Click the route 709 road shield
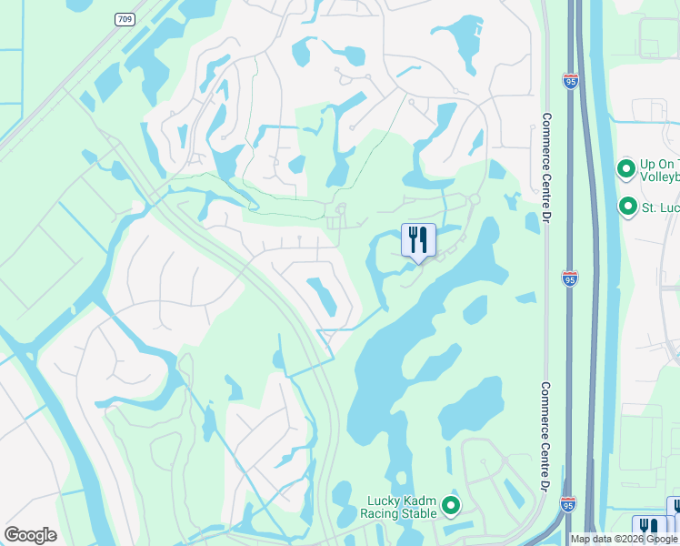point(124,19)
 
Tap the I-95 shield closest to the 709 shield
point(570,82)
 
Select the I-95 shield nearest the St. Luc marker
point(570,278)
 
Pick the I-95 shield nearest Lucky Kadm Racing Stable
point(568,503)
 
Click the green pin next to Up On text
point(625,169)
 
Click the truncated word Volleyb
point(660,178)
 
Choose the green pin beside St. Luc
point(627,207)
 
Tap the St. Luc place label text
point(661,207)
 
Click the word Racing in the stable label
point(380,513)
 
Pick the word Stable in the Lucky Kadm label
point(419,513)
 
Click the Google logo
point(30,534)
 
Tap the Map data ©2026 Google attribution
point(623,539)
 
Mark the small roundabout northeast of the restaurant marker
point(474,199)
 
